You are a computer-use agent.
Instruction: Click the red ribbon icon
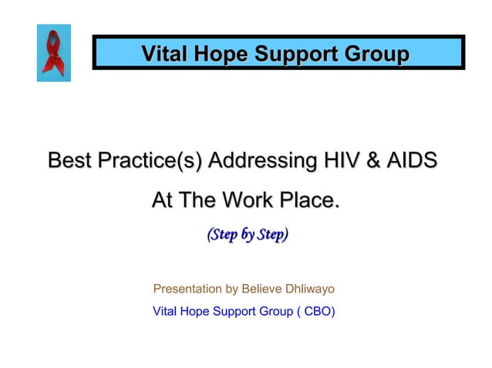pyautogui.click(x=53, y=52)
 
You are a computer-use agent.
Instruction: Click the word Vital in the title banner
pyautogui.click(x=163, y=55)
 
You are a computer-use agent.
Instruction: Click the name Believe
pyautogui.click(x=263, y=289)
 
